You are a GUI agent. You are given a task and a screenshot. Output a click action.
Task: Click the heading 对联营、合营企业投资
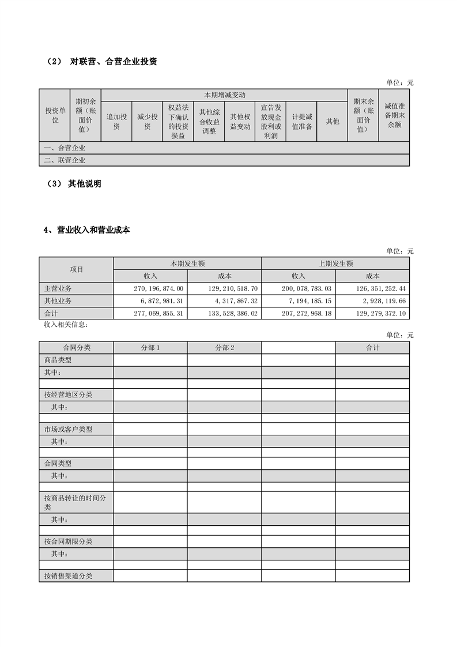point(114,62)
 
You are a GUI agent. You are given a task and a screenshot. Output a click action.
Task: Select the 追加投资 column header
point(116,122)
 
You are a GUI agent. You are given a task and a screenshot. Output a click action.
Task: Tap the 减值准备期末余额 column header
point(394,115)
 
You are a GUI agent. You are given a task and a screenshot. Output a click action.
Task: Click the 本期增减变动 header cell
point(224,95)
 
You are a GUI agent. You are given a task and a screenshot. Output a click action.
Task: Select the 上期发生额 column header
point(335,264)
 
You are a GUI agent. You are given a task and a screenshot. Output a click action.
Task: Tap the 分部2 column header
point(224,348)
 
